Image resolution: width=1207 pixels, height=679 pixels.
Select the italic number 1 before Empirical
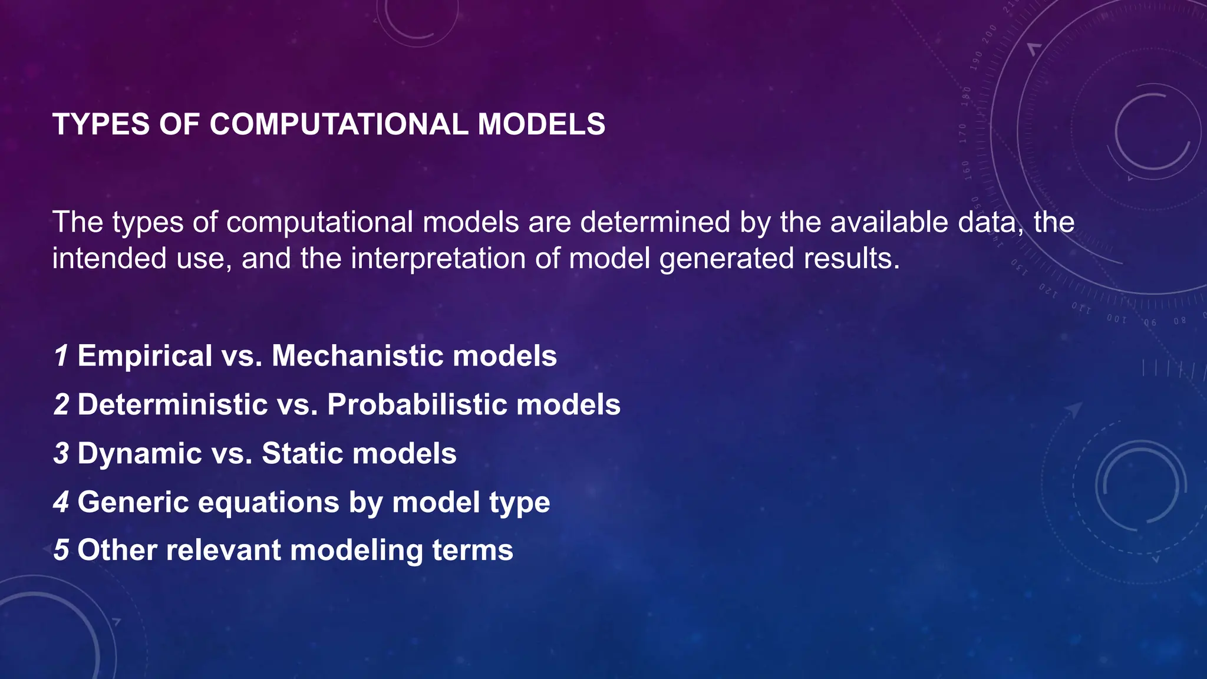click(61, 356)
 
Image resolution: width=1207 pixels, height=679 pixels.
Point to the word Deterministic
click(173, 405)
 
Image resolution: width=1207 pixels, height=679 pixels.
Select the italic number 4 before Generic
click(61, 502)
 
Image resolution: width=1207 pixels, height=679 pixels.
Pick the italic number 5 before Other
click(61, 550)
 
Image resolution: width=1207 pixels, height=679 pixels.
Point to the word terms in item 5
click(473, 550)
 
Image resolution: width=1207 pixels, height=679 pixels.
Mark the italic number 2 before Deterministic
click(61, 405)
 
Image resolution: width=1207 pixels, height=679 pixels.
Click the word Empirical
click(144, 356)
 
